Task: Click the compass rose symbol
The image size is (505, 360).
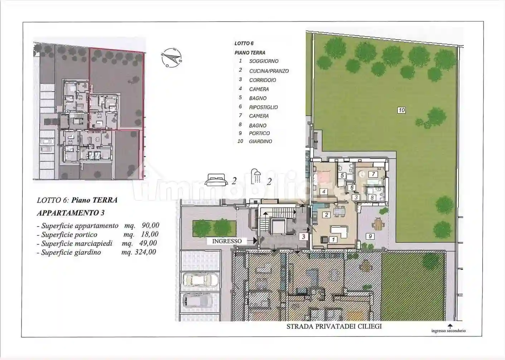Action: pyautogui.click(x=171, y=58)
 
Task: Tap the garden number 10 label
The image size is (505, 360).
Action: pyautogui.click(x=402, y=110)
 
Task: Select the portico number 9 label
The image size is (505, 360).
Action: pyautogui.click(x=370, y=236)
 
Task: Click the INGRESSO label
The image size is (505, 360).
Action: pyautogui.click(x=227, y=241)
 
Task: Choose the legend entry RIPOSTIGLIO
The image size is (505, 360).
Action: pyautogui.click(x=263, y=107)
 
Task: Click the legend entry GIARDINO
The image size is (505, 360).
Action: pyautogui.click(x=261, y=141)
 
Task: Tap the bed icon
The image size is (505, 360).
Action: pyautogui.click(x=216, y=180)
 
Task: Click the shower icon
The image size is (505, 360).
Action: pyautogui.click(x=256, y=176)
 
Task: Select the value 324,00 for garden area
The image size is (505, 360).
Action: pyautogui.click(x=145, y=252)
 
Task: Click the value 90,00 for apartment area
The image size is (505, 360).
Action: pyautogui.click(x=150, y=225)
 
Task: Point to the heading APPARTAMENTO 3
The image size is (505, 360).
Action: pyautogui.click(x=71, y=213)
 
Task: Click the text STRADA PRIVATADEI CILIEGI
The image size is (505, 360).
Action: pyautogui.click(x=334, y=326)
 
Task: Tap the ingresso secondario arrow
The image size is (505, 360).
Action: pyautogui.click(x=450, y=326)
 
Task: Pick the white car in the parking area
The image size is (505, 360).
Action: pyautogui.click(x=201, y=280)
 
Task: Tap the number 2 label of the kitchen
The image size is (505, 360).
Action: pyautogui.click(x=326, y=215)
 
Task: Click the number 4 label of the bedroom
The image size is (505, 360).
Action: pyautogui.click(x=324, y=191)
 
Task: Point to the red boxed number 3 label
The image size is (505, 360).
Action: pyautogui.click(x=304, y=237)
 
